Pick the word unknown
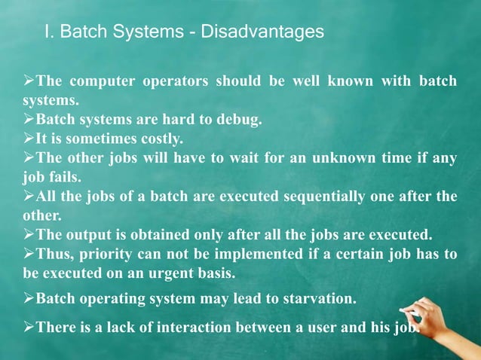(x=336, y=158)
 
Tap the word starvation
(x=317, y=298)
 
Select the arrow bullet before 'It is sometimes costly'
(x=29, y=139)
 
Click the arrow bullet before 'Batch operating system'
(x=29, y=298)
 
